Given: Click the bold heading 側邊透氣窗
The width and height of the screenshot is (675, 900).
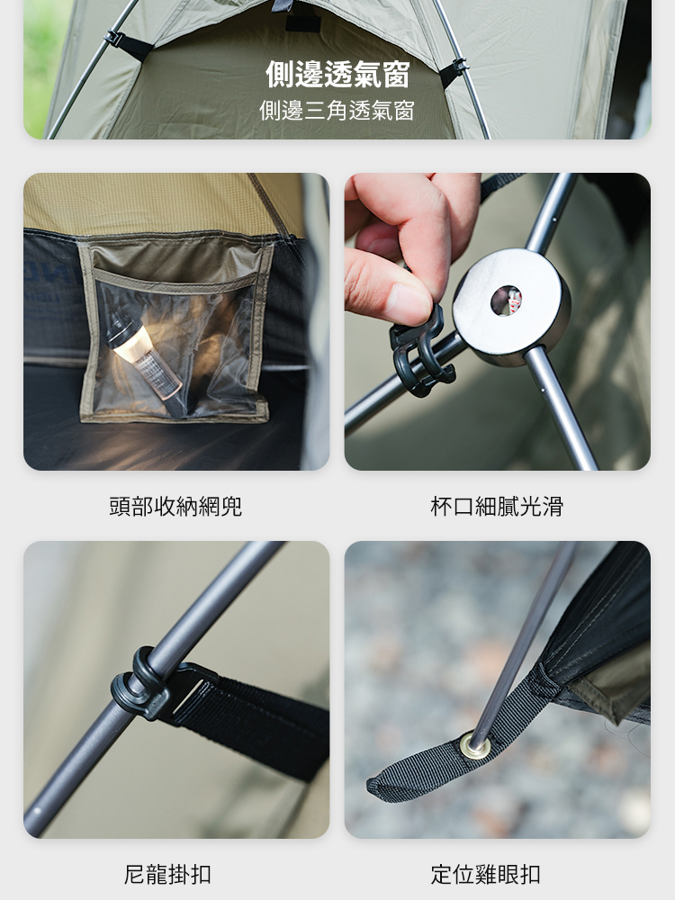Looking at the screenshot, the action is tap(337, 75).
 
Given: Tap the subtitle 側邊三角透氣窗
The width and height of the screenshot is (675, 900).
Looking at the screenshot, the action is tap(337, 110).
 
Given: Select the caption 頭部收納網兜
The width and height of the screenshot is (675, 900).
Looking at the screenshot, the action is tap(175, 506).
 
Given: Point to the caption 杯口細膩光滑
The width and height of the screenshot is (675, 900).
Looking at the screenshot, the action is tap(497, 506).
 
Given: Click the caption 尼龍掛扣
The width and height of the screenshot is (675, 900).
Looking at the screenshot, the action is tap(167, 874).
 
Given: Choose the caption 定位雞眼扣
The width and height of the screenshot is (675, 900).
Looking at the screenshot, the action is tap(486, 874).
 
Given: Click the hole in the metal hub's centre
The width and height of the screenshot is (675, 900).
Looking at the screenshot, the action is tap(506, 301).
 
